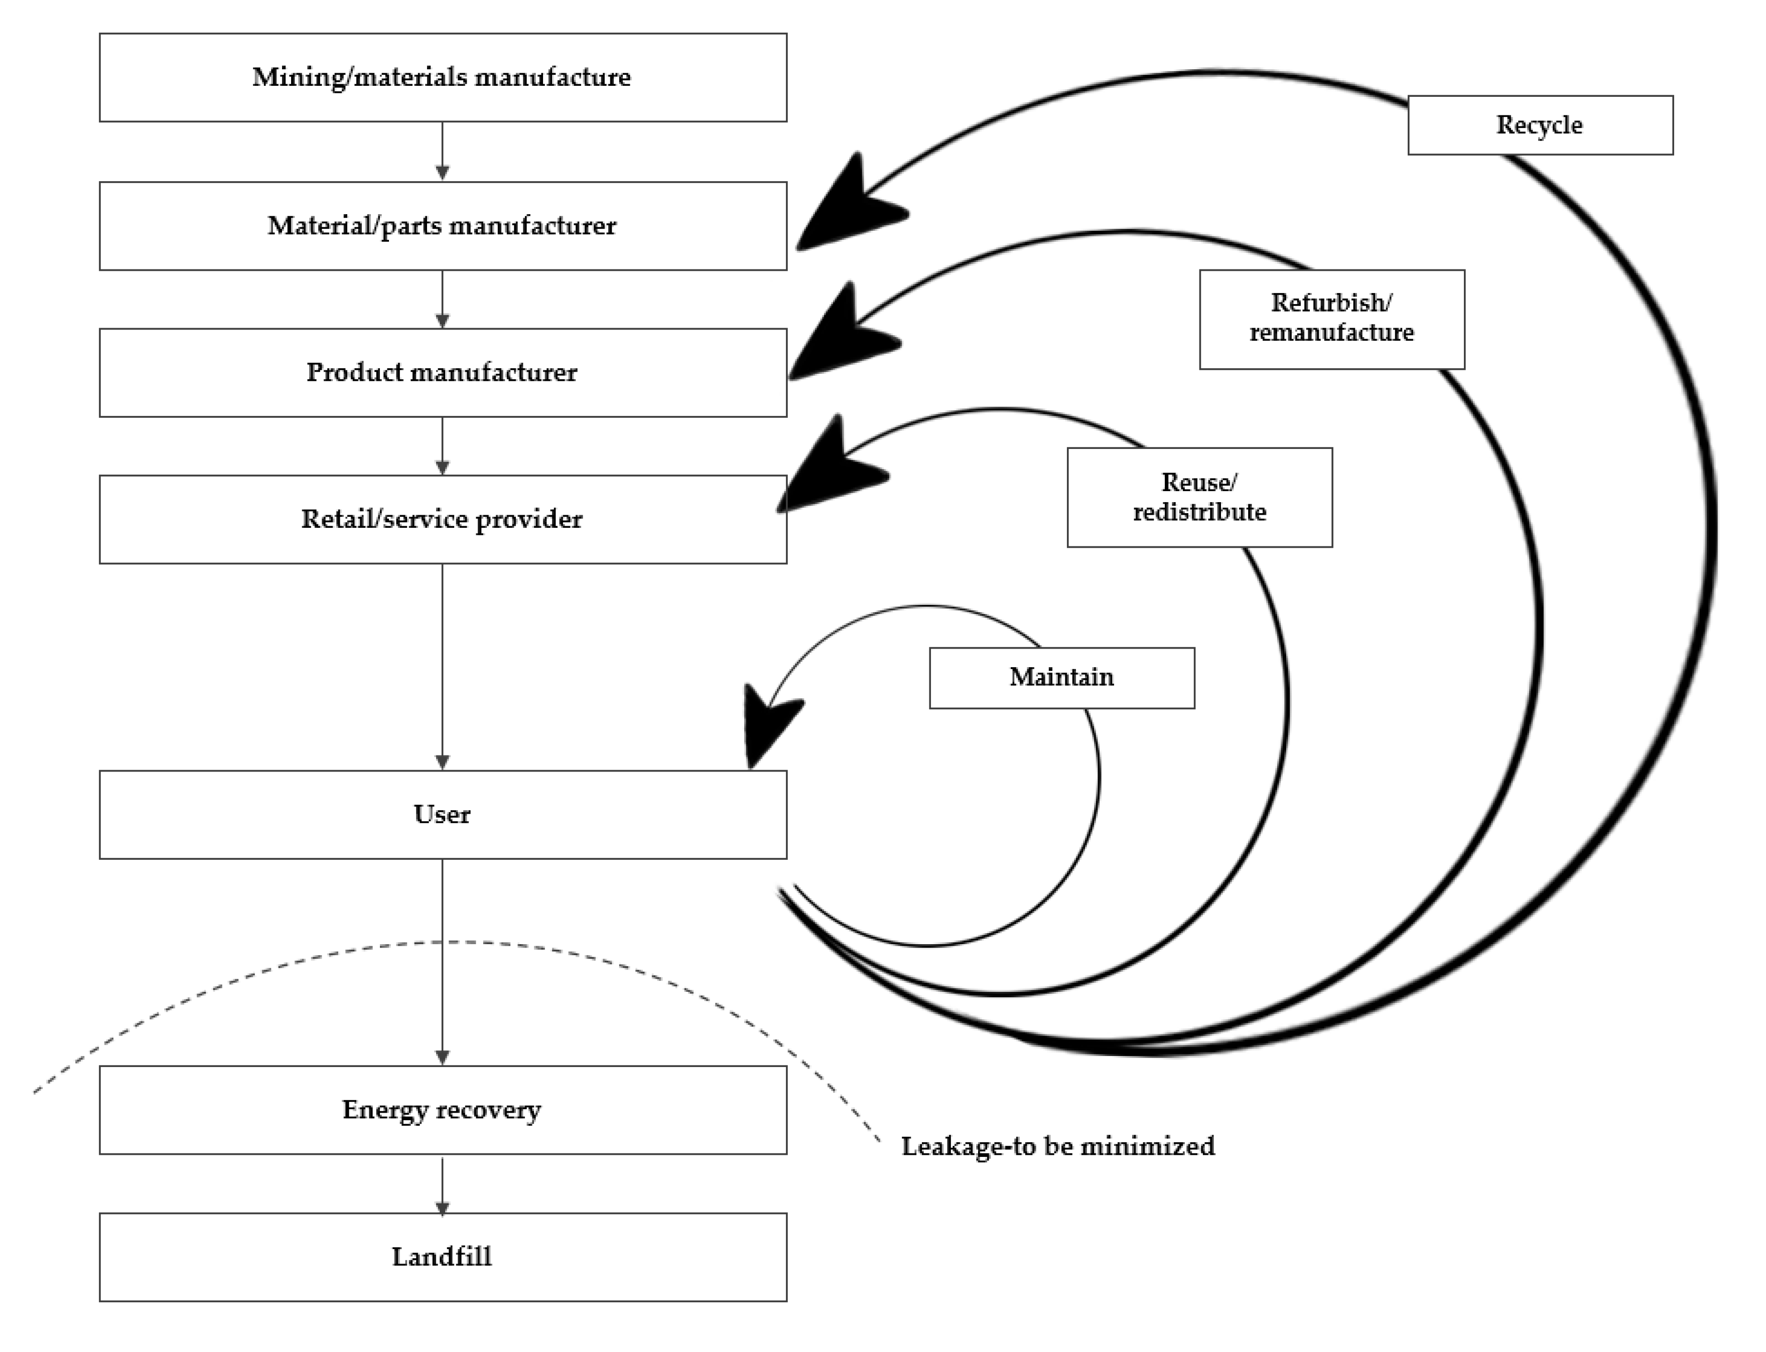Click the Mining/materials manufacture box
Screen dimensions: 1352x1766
[443, 77]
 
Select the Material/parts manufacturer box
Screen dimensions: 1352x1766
[443, 225]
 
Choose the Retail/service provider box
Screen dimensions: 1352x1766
[443, 519]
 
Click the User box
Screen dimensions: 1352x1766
[443, 814]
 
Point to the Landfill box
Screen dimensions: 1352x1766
[443, 1257]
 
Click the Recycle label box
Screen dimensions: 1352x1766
[1539, 125]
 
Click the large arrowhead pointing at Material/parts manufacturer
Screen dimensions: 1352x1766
[845, 209]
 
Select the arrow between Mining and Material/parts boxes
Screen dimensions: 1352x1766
[442, 152]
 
